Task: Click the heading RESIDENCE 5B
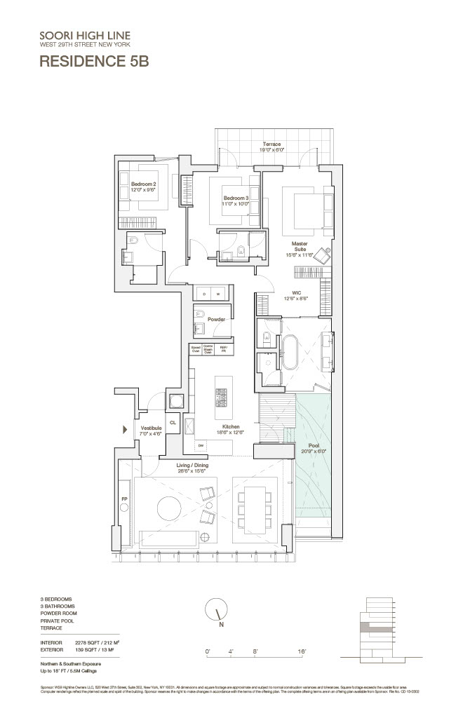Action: (94, 60)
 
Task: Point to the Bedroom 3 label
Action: (236, 198)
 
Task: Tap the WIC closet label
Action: (297, 294)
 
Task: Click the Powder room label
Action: (215, 319)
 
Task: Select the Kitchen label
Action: (231, 426)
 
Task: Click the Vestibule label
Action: (151, 428)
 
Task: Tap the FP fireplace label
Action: (125, 500)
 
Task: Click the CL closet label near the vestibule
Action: (173, 423)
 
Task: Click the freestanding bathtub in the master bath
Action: (290, 352)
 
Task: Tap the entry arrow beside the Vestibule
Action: (127, 428)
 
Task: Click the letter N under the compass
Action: (220, 624)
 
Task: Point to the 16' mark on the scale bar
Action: (302, 652)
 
